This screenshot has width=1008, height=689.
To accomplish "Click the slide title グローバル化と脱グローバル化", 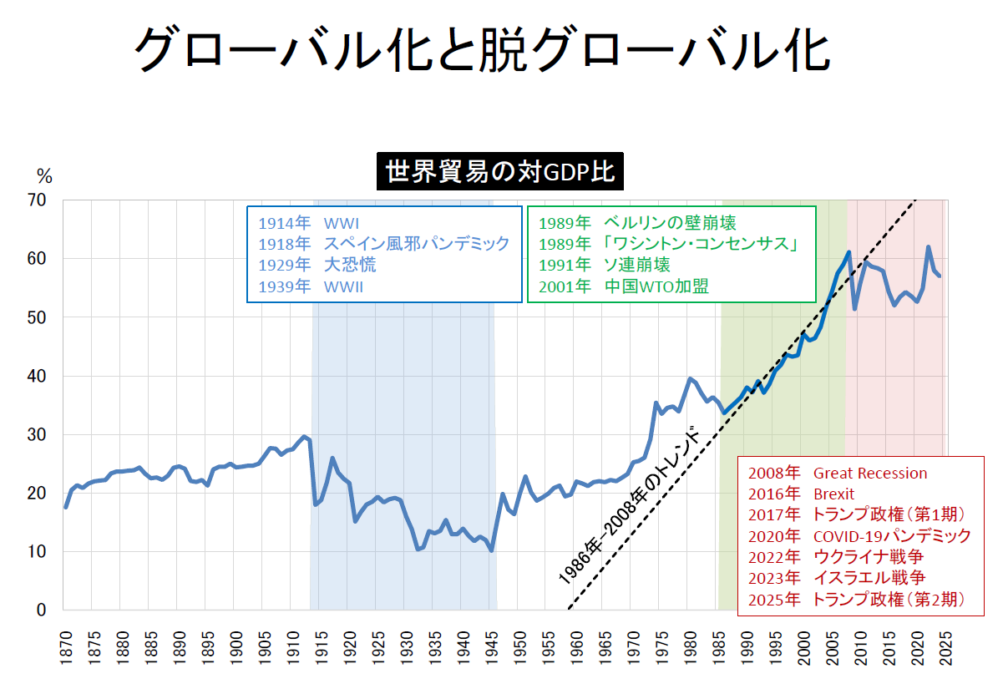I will (x=482, y=50).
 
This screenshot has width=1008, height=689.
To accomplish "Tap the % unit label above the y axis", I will (x=43, y=176).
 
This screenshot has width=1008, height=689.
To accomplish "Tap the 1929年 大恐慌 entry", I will (x=317, y=266).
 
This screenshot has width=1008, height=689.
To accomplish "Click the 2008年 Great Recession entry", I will (x=838, y=474).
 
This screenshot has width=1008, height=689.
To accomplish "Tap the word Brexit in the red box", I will (x=833, y=494).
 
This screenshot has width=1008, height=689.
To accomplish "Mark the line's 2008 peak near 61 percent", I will (x=848, y=252).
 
